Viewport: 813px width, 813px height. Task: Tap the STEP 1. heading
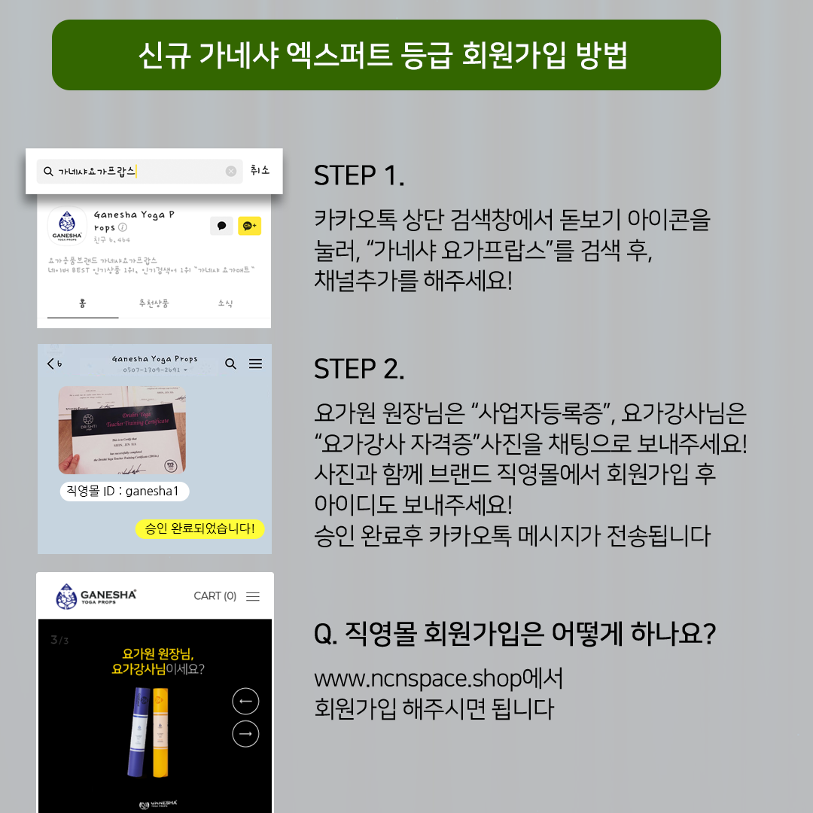(x=359, y=175)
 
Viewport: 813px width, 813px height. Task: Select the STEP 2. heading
(x=359, y=369)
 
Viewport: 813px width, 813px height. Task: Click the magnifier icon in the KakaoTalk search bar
(x=49, y=172)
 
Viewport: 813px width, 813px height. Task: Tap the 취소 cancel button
(x=260, y=171)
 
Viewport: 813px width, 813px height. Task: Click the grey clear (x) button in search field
(x=231, y=172)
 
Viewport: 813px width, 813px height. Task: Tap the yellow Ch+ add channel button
(x=249, y=226)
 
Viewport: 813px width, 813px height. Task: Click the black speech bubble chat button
(x=221, y=226)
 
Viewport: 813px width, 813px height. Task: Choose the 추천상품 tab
(x=154, y=303)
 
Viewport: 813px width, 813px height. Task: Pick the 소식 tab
(x=225, y=303)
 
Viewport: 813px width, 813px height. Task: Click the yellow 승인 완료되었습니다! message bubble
(x=199, y=528)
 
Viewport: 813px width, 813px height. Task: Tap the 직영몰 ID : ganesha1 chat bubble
(x=124, y=492)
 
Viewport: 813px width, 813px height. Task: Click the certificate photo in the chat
(x=122, y=431)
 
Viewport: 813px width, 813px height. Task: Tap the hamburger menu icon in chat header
(x=256, y=364)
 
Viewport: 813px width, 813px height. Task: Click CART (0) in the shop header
(x=215, y=596)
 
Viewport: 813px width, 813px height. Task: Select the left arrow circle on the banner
(x=245, y=702)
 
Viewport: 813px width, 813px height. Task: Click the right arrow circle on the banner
(x=245, y=734)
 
